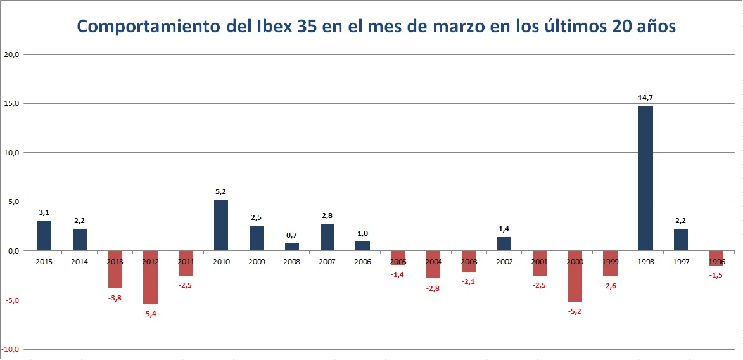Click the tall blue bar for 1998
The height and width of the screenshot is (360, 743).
645,178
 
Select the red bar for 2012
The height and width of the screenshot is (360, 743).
150,278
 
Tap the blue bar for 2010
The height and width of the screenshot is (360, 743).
221,225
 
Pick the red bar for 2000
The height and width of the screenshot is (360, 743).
575,276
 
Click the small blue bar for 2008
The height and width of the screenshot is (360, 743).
292,247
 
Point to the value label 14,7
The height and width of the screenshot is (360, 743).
645,98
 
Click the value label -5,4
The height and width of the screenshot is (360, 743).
149,314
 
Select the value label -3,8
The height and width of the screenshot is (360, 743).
115,297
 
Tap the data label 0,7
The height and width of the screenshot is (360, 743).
291,235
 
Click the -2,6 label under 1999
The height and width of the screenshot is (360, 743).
610,285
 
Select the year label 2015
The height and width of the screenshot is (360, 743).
44,261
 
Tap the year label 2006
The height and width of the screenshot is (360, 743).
362,261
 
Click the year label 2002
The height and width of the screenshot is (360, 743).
504,261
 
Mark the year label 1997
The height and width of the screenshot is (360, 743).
681,261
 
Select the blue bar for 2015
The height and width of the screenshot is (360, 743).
44,236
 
